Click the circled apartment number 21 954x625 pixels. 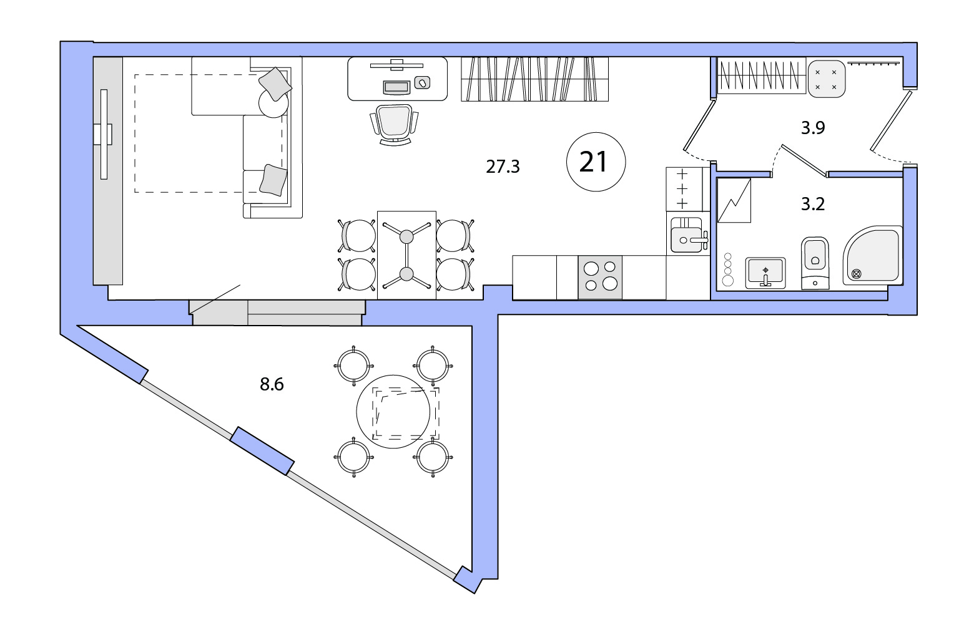coord(596,162)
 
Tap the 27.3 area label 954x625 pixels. coord(503,167)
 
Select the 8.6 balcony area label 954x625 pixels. coord(272,384)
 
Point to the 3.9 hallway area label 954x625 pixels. coord(813,128)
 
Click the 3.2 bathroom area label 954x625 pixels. coord(813,204)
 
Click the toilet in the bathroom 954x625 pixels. coord(815,263)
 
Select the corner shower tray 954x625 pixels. coord(873,255)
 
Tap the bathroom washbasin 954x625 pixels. coord(765,273)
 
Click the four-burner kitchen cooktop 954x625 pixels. coord(600,277)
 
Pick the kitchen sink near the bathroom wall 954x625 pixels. coord(687,235)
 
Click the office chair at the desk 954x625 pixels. coord(395,124)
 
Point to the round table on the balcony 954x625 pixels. coord(393,412)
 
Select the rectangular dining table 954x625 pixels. coord(406,255)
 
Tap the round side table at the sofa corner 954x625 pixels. coord(273,102)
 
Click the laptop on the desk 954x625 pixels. coord(396,87)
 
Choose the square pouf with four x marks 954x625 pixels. coord(826,79)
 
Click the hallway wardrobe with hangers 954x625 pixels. coord(761,75)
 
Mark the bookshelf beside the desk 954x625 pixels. coord(534,79)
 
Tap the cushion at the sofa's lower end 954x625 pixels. coord(273,180)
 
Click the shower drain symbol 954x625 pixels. coord(855,274)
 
